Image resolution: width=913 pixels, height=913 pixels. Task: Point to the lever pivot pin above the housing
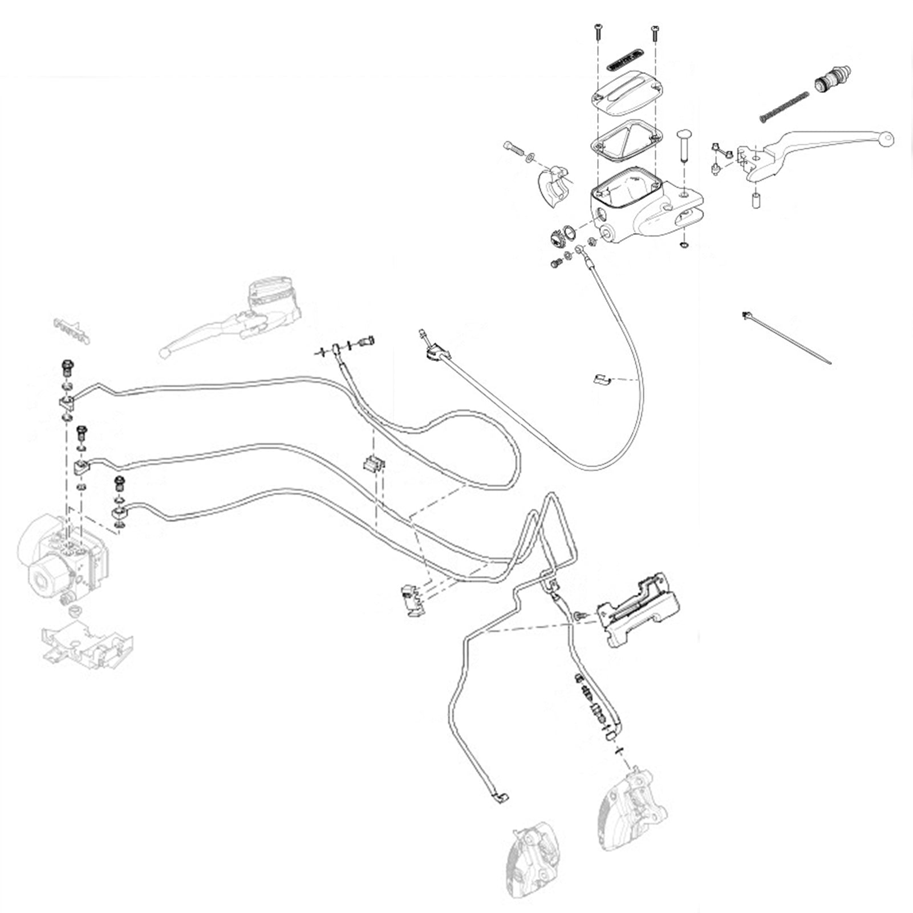tap(684, 145)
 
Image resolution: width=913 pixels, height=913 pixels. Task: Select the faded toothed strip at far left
tap(71, 331)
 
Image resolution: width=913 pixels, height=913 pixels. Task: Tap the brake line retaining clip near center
tap(374, 465)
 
